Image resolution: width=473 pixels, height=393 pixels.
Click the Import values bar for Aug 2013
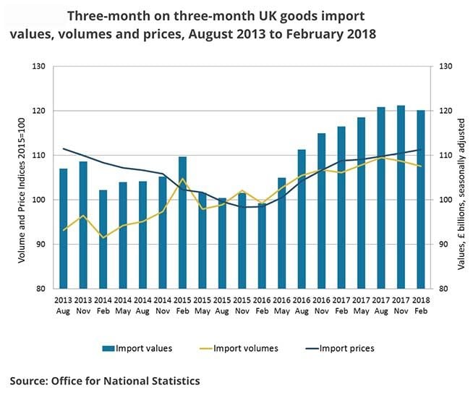click(x=64, y=228)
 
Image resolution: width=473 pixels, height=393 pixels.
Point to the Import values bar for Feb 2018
click(x=420, y=199)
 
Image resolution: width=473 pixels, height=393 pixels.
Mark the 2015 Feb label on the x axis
click(x=182, y=303)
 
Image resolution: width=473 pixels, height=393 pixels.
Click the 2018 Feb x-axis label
click(x=420, y=303)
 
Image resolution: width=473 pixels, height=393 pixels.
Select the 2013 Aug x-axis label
click(x=64, y=303)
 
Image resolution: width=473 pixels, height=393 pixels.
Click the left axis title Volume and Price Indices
click(x=22, y=177)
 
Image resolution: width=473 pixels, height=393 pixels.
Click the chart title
click(x=217, y=26)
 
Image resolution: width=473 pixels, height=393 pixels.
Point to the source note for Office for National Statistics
click(x=105, y=380)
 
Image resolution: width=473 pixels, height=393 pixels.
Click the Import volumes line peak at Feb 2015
click(x=183, y=179)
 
